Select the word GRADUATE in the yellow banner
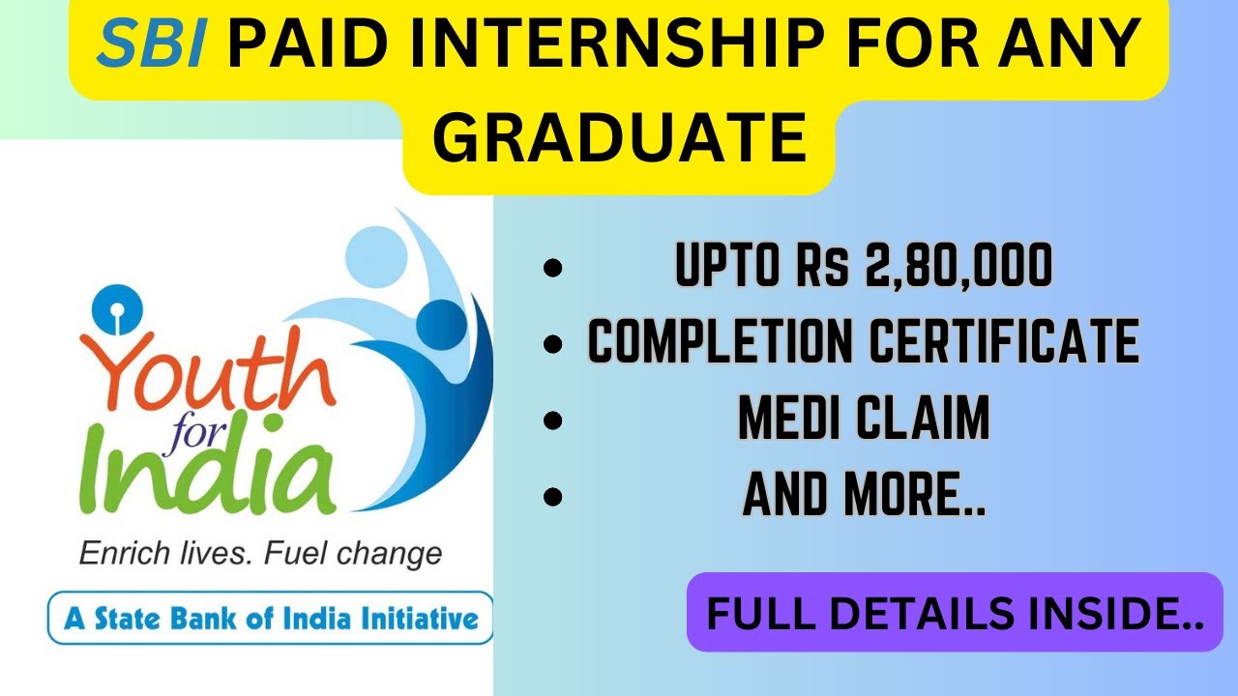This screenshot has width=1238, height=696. pos(619,137)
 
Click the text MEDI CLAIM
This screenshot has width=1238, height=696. pos(864,420)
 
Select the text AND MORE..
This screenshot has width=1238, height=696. pos(864,495)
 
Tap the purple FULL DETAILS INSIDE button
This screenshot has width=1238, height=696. pos(955,613)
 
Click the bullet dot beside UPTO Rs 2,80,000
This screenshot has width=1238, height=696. pos(553,269)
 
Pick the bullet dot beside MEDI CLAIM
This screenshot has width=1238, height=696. pos(553,420)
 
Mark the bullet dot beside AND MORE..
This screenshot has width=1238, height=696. pos(553,497)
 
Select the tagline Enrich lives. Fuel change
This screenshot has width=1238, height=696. pos(259,554)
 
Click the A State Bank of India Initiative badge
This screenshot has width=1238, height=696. pos(270,618)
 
